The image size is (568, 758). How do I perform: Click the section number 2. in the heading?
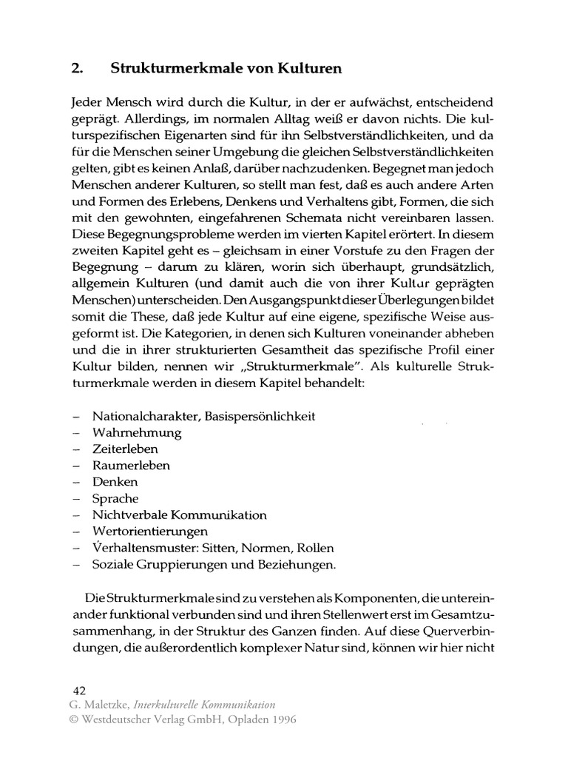[76, 69]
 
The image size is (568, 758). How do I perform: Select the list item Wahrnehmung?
[137, 432]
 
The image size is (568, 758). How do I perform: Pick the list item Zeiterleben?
[125, 449]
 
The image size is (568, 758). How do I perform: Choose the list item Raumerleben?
[131, 466]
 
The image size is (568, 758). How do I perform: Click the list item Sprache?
[115, 498]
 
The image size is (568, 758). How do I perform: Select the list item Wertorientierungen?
[150, 531]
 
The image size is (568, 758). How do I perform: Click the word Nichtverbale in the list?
[127, 514]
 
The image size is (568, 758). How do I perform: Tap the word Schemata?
[313, 218]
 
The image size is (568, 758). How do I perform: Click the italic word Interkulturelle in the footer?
[167, 705]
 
